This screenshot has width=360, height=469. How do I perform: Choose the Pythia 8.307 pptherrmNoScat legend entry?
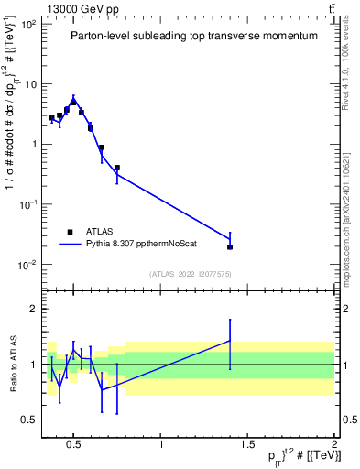tap(137, 245)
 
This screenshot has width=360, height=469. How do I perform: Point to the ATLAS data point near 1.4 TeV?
tap(230, 246)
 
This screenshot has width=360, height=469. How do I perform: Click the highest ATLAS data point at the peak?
tap(73, 103)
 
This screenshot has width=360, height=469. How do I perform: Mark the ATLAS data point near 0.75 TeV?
tap(117, 168)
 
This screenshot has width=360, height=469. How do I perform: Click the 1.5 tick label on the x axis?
tap(247, 446)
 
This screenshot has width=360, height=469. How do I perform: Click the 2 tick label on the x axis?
tap(333, 446)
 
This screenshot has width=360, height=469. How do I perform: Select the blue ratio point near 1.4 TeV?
tap(230, 341)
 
